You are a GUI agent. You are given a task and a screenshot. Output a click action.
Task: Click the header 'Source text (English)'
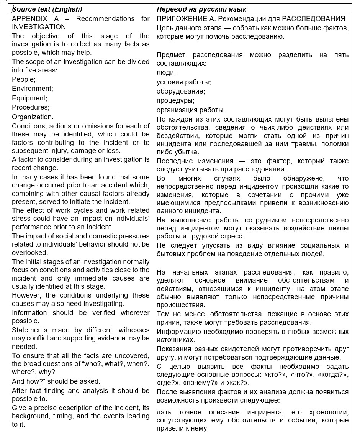[47, 9]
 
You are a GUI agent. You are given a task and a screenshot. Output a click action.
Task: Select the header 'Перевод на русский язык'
[201, 9]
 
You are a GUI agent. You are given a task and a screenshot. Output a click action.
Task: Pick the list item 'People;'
[23, 79]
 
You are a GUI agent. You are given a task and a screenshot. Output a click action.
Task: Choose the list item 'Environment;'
[32, 89]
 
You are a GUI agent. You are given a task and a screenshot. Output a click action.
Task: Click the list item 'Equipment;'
[29, 98]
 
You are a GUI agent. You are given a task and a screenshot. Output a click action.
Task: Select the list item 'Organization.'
[33, 117]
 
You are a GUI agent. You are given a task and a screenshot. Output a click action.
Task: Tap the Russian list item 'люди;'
[166, 72]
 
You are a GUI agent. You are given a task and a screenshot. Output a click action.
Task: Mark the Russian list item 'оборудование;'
[180, 91]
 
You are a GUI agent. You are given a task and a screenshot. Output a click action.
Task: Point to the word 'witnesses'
[134, 330]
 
